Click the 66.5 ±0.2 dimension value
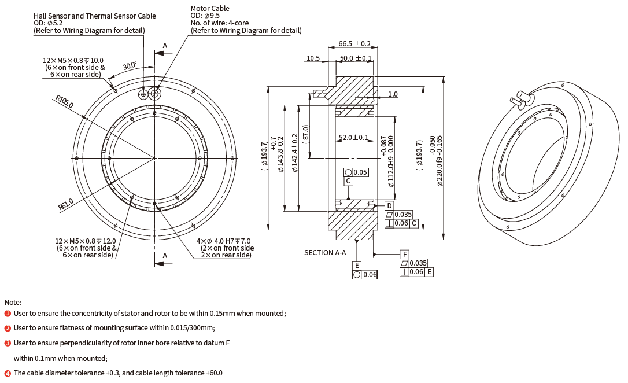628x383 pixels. point(354,43)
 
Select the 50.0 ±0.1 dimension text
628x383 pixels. point(356,58)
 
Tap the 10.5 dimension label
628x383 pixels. point(313,58)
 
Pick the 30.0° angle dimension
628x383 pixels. point(130,66)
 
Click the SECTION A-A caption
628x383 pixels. point(325,252)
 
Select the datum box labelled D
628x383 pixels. point(389,206)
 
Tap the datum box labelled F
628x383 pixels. point(405,254)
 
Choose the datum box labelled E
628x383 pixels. point(357,266)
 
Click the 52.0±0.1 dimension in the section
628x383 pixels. point(353,137)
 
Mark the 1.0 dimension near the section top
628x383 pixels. point(393,94)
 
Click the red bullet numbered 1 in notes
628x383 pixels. point(8,313)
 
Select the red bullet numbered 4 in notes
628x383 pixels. point(8,373)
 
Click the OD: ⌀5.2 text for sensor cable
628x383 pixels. point(48,23)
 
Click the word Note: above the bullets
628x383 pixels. point(13,302)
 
